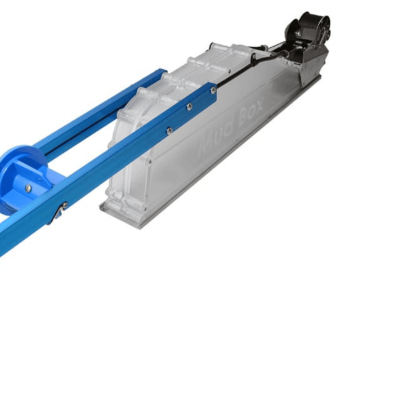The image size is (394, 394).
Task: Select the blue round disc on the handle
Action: click(23, 176)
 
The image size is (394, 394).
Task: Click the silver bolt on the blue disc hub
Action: click(28, 187)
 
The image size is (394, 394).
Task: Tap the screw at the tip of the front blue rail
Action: click(213, 89)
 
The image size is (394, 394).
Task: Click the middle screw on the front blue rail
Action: click(190, 107)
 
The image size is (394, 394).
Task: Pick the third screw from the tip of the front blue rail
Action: click(169, 130)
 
